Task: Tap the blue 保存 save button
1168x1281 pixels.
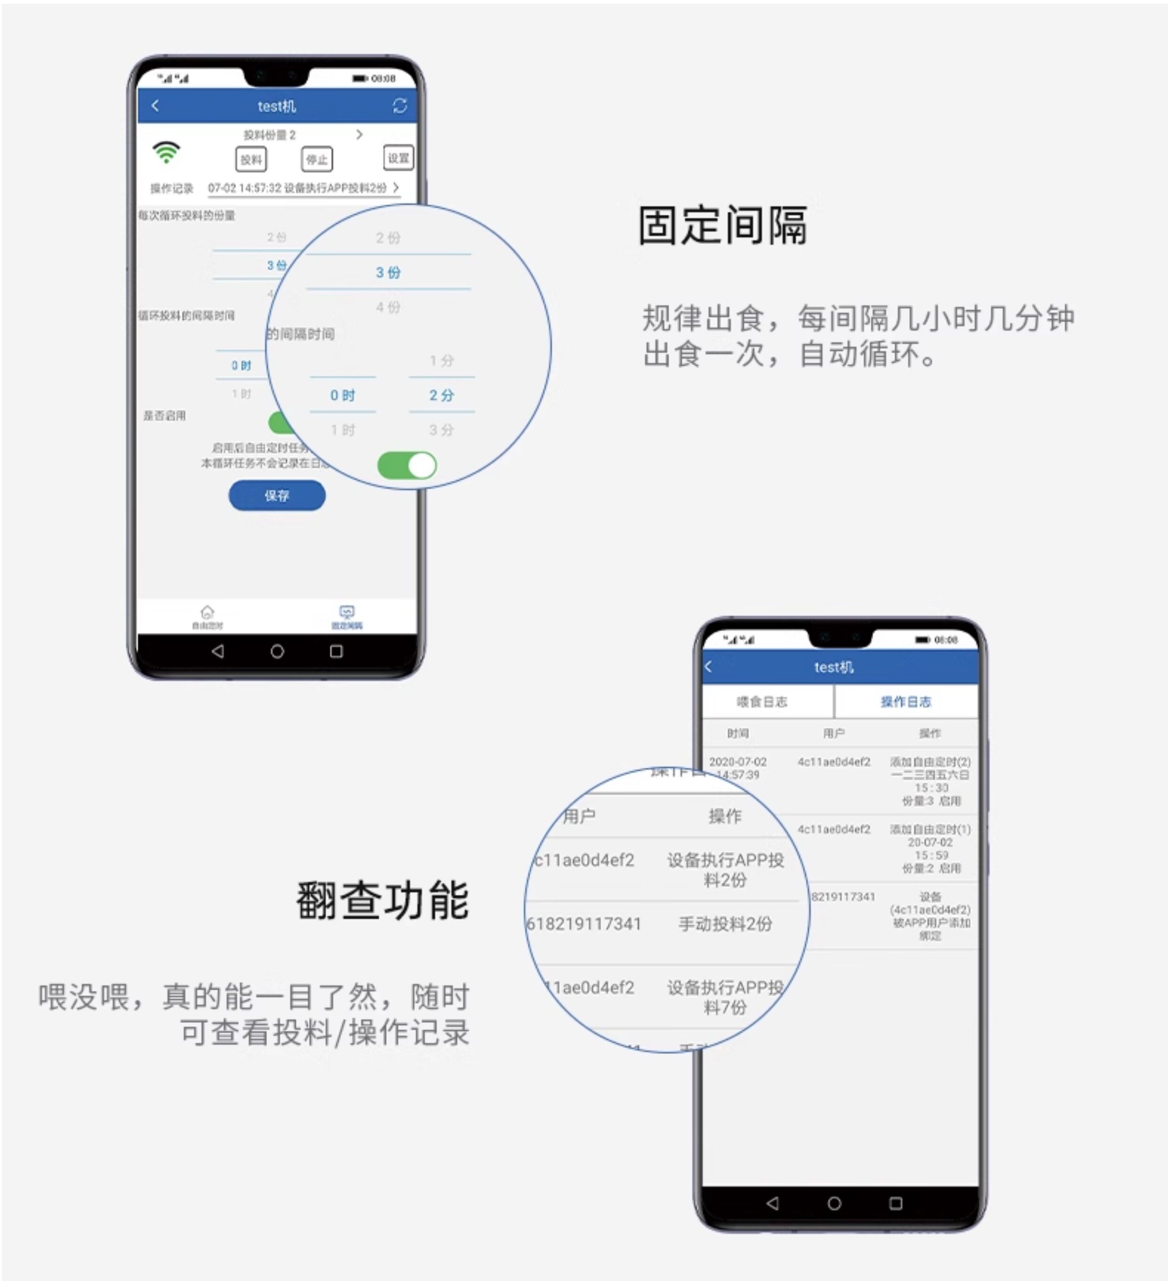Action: click(276, 495)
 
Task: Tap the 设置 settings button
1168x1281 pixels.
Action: click(398, 158)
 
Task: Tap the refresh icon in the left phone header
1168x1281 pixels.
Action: click(400, 105)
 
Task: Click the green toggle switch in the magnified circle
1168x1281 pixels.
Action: click(407, 465)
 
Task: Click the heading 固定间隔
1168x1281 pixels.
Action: click(722, 226)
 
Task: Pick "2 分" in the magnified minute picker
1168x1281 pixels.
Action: click(442, 395)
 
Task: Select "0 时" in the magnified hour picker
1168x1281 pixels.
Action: click(342, 395)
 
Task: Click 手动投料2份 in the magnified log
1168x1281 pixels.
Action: click(725, 924)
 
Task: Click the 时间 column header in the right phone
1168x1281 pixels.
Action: click(738, 733)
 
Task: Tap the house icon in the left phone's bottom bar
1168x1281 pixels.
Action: click(207, 612)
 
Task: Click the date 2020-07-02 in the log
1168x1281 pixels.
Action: click(738, 761)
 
